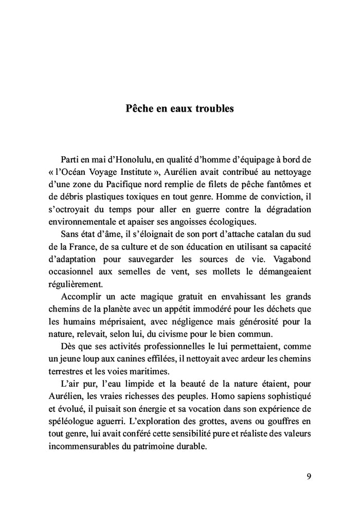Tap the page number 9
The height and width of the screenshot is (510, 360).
308,476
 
